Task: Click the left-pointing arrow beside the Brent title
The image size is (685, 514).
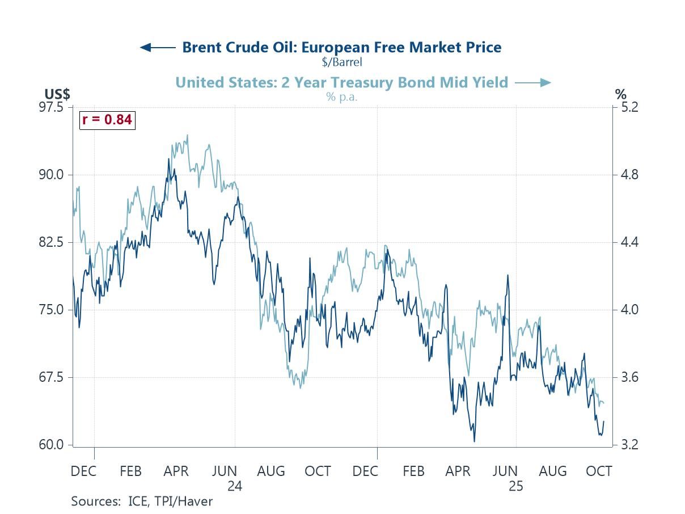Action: pyautogui.click(x=158, y=48)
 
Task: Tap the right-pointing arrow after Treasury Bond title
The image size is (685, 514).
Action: pyautogui.click(x=532, y=83)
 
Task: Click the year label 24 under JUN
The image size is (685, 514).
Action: pyautogui.click(x=235, y=487)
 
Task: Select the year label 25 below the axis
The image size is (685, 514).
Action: pyautogui.click(x=516, y=487)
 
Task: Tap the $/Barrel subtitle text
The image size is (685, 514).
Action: pyautogui.click(x=341, y=61)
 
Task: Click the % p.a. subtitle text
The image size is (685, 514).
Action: pyautogui.click(x=342, y=96)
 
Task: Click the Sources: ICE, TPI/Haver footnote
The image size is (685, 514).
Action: pyautogui.click(x=142, y=502)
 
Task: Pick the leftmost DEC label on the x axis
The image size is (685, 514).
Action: pyautogui.click(x=83, y=471)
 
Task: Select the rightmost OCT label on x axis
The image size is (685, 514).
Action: pyautogui.click(x=599, y=471)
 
